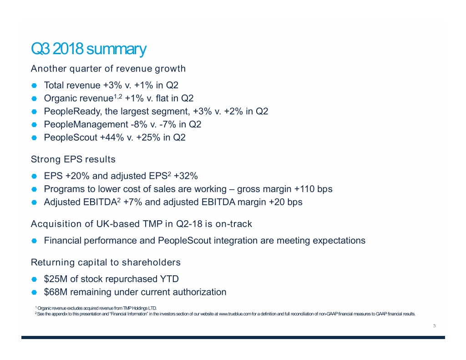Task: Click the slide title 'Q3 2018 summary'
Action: coord(88,48)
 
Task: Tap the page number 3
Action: coord(435,325)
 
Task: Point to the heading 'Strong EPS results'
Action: coord(73,159)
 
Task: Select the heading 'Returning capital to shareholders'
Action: coord(106,262)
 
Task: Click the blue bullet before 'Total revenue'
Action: coord(34,85)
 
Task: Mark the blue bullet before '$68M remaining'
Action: coord(34,292)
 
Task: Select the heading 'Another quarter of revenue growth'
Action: coord(108,69)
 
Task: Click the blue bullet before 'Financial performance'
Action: coord(34,240)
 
